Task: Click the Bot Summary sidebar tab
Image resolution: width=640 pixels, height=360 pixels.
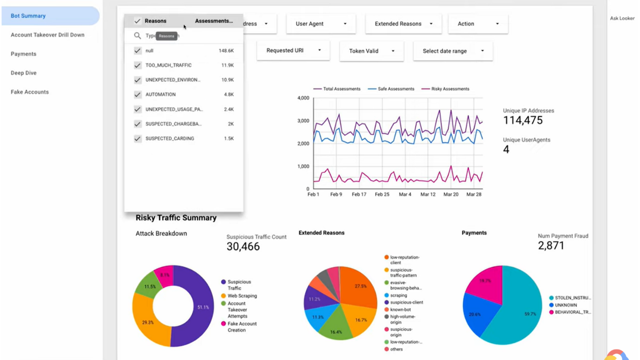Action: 28,16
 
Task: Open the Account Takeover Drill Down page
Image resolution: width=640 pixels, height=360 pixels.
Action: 47,35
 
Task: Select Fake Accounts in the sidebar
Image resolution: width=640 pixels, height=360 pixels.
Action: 30,92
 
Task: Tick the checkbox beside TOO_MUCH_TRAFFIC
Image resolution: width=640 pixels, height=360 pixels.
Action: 138,65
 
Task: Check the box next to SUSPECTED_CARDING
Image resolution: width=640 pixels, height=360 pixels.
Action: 138,139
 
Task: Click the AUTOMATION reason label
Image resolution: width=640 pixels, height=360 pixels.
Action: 160,95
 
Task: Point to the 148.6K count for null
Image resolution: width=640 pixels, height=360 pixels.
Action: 226,51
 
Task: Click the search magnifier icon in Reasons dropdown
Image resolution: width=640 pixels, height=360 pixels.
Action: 137,36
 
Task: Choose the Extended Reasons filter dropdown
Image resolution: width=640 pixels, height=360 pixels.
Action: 403,24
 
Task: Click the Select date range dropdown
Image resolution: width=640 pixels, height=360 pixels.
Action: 453,51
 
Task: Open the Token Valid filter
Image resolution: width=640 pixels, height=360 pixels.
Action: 371,51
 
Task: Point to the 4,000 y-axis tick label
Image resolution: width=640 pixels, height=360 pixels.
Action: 303,98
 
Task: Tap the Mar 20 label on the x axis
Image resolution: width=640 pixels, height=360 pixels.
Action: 451,194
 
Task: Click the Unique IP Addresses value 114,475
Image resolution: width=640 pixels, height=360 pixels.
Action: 523,120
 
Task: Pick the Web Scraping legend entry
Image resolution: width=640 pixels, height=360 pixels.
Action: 242,296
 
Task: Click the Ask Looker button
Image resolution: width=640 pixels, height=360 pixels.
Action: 622,19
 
